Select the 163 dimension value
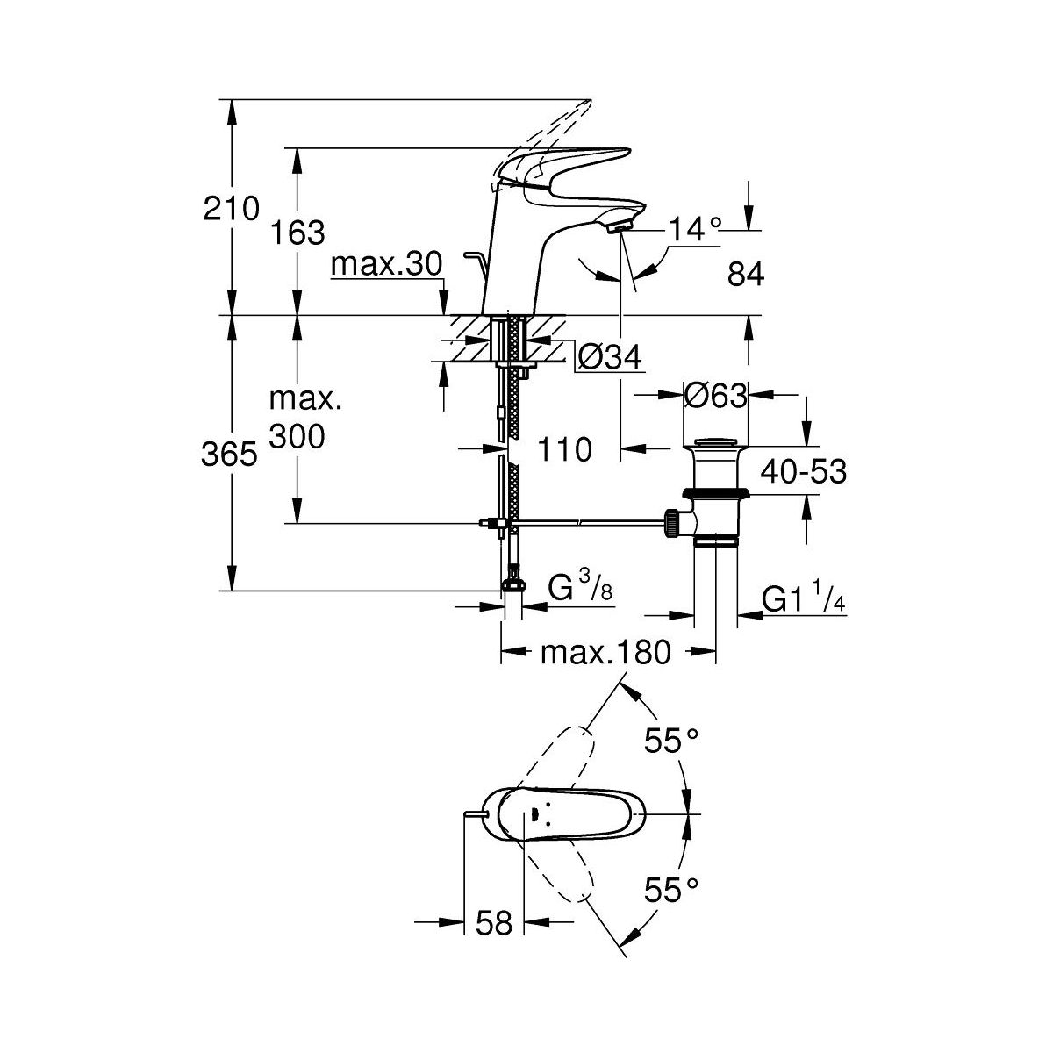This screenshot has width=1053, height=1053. pos(297,233)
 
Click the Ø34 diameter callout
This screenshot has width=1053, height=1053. pos(610,357)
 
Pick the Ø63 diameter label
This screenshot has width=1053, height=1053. pos(715,397)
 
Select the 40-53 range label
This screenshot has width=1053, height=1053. pos(804,472)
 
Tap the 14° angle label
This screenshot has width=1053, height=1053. pos(695,230)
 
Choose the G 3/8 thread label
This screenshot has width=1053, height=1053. pos(580,590)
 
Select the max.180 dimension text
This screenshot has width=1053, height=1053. pos(605,652)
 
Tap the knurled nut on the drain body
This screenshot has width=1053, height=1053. pos(674,523)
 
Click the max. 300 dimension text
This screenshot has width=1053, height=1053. pos(297,418)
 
